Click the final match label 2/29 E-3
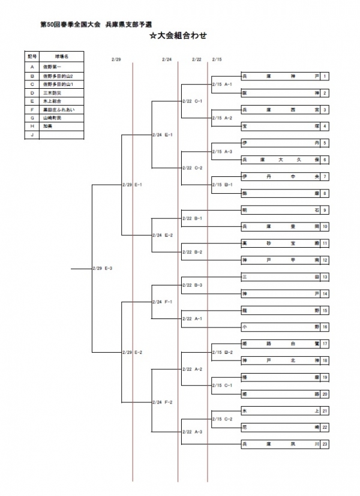tap(103, 268)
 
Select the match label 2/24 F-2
tap(163, 402)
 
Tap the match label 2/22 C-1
tap(193, 101)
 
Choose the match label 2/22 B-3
tap(193, 285)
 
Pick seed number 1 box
tap(324, 77)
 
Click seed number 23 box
tap(324, 444)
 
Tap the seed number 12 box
tap(324, 260)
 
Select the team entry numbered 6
tap(279, 160)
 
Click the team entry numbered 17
tap(279, 344)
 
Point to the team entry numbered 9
tap(279, 211)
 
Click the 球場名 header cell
tap(62, 56)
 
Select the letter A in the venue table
tap(32, 67)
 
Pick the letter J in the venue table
tap(32, 136)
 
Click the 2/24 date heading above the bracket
tap(167, 59)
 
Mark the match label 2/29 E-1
tap(133, 185)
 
